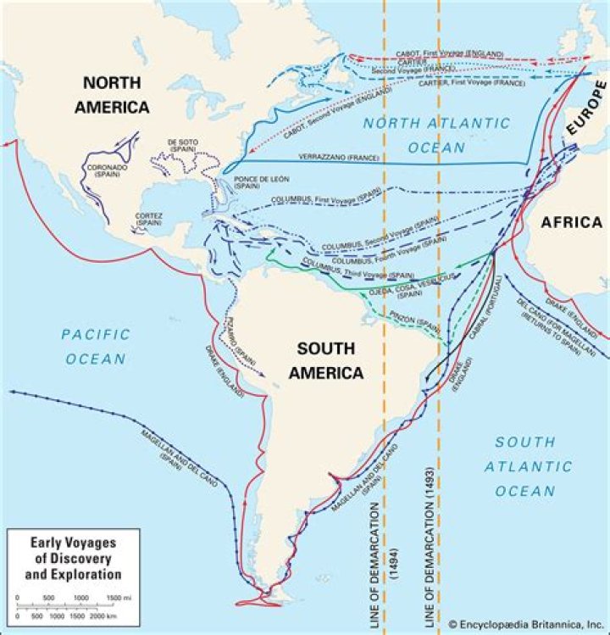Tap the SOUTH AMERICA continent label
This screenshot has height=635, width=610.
click(x=326, y=359)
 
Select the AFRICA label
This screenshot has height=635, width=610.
click(x=571, y=223)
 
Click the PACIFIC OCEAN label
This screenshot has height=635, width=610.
click(x=96, y=346)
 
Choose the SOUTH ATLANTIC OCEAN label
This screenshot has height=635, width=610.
click(x=525, y=466)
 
